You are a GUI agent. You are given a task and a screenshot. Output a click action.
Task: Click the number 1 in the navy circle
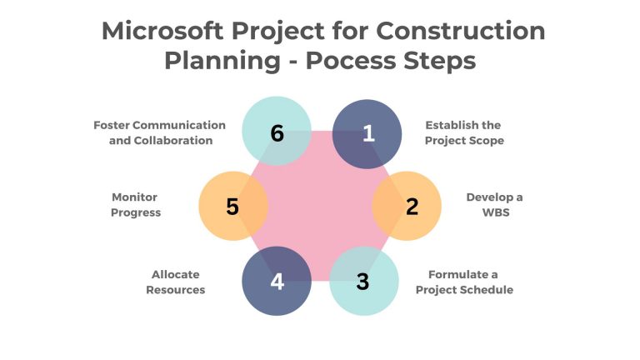coord(368,133)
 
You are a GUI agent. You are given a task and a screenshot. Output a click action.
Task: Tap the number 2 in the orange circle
coord(412,207)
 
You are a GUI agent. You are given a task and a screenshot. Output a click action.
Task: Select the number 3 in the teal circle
coord(362,281)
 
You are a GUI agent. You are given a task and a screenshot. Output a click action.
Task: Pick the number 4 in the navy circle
coord(277,282)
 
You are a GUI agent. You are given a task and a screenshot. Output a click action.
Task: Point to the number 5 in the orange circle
coord(232,207)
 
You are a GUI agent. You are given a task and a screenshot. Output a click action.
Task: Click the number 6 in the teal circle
coord(277,132)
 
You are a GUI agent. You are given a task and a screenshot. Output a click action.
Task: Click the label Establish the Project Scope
coord(462,132)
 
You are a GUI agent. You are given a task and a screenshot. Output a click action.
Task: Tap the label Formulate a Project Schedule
coord(464,282)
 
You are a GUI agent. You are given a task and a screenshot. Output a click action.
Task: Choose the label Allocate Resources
coord(176,282)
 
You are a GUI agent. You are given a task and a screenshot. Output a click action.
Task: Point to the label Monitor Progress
coord(136,205)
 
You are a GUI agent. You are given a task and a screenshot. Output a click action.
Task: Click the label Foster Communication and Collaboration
coord(159,132)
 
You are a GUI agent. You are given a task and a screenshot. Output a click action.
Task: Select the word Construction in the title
coord(460,31)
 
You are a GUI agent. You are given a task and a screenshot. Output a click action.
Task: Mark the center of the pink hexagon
coord(322,206)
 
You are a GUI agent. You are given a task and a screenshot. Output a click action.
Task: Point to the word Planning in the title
coord(213,61)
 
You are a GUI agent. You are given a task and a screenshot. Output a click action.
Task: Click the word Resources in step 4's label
coord(176,289)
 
